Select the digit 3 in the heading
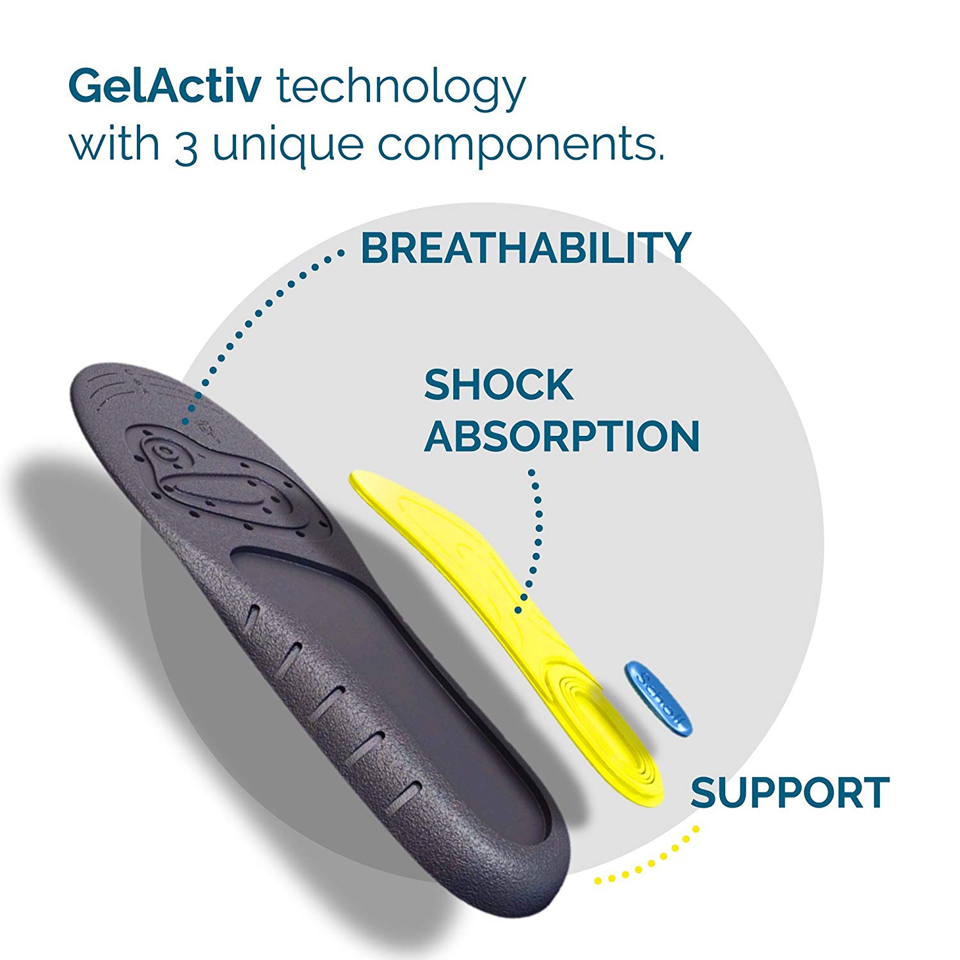pyautogui.click(x=186, y=146)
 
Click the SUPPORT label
pyautogui.click(x=790, y=792)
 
